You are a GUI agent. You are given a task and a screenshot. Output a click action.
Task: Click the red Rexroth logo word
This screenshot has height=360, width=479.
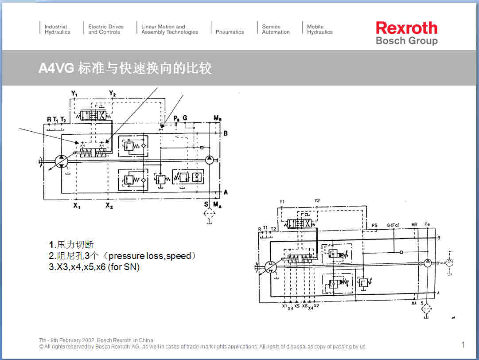406,28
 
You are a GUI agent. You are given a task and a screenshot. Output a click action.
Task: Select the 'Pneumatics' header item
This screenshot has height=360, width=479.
230,32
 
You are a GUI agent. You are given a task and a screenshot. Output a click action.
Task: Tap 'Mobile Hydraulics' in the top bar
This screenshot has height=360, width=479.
319,29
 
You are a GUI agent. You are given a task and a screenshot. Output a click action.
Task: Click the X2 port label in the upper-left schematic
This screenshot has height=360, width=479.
109,206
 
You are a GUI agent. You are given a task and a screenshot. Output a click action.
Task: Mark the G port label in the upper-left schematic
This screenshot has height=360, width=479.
185,118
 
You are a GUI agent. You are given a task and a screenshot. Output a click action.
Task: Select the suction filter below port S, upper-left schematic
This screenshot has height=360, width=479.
206,215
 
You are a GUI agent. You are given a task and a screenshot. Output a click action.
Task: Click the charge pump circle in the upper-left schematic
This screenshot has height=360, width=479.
210,159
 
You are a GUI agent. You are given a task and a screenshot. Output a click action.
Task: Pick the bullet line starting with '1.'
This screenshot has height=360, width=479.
71,245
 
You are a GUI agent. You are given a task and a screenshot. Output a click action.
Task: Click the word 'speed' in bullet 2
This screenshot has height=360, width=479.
179,256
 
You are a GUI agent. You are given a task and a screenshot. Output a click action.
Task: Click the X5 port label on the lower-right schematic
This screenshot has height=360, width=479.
297,306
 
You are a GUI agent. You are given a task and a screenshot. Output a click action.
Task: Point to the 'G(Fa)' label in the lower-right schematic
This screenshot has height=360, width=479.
393,225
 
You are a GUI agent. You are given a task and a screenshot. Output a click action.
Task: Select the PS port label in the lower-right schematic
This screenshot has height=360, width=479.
374,225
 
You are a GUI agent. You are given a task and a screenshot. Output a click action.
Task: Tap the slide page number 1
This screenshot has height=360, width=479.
463,344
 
